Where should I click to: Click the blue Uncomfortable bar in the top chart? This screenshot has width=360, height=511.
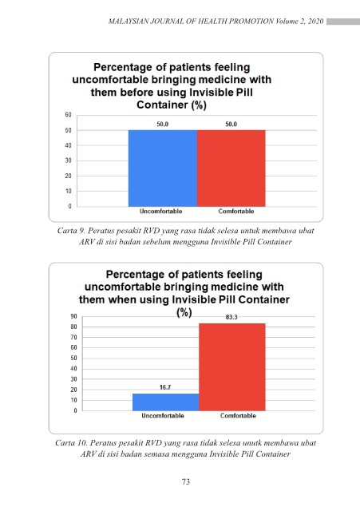(x=163, y=168)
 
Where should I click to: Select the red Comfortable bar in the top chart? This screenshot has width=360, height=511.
(x=231, y=168)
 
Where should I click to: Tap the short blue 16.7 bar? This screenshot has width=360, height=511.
(x=166, y=402)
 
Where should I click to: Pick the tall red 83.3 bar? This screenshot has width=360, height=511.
(x=232, y=367)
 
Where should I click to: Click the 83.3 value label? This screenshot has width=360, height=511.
(x=231, y=317)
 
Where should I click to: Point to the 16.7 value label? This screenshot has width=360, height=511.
(x=165, y=387)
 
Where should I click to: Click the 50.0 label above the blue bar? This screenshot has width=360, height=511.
(x=163, y=125)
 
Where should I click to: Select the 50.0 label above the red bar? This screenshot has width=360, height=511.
(x=231, y=125)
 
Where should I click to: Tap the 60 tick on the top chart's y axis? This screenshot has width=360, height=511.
(x=68, y=115)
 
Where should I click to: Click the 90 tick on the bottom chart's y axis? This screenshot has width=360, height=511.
(x=74, y=316)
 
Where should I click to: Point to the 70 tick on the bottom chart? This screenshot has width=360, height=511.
(x=74, y=337)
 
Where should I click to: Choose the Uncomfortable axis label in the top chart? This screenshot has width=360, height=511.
(x=161, y=211)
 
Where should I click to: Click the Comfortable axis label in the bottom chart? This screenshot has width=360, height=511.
(x=238, y=415)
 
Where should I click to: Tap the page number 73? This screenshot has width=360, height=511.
(x=186, y=481)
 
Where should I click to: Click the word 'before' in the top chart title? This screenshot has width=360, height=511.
(x=136, y=93)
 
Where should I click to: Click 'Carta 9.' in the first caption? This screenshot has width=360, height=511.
(x=71, y=231)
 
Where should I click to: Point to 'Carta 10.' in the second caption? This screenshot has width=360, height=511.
(x=71, y=443)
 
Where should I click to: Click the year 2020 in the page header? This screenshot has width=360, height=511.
(x=315, y=22)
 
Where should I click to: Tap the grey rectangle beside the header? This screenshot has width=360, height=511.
(x=343, y=22)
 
